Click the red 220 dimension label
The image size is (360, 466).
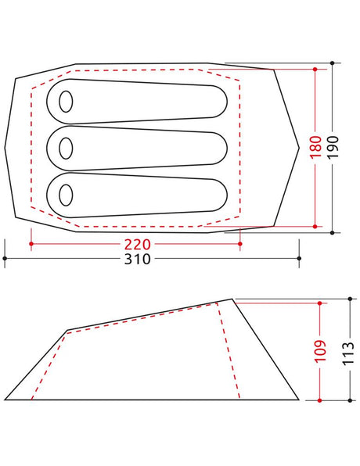pos(138,244)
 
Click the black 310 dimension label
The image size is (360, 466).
pos(138,259)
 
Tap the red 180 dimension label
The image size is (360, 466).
pos(315,147)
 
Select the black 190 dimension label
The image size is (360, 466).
pos(333,147)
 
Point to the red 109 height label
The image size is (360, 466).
pos(320,351)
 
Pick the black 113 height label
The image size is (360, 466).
pos(348,353)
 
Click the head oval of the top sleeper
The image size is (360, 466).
pos(66,102)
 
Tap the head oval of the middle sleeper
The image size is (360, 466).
pos(66,149)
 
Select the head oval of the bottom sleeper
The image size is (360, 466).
pos(66,195)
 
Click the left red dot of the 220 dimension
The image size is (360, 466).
pos(31,244)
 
